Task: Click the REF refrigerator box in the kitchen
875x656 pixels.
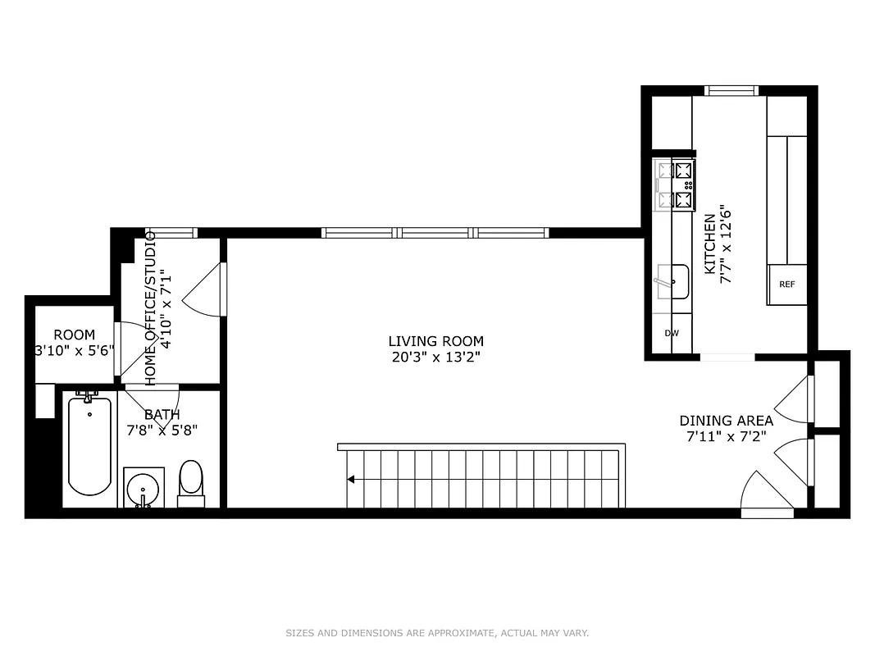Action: [786, 285]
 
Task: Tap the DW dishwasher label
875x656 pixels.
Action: [672, 334]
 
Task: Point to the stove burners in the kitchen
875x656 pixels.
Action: [674, 184]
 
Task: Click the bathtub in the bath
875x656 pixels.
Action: [89, 447]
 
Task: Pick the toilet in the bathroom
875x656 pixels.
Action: [191, 479]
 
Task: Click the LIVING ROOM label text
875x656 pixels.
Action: [435, 341]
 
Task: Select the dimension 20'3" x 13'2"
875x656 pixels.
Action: [435, 357]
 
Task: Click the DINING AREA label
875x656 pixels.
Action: [726, 421]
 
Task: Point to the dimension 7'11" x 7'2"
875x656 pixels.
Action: [726, 436]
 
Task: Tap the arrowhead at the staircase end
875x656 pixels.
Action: [351, 479]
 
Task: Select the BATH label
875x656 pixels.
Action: [162, 415]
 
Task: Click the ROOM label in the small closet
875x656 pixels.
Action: [74, 335]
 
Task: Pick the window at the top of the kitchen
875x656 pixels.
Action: [731, 90]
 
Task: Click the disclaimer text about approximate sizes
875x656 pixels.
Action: [437, 633]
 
